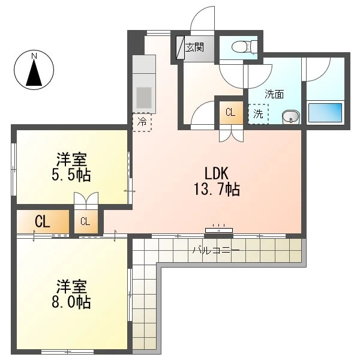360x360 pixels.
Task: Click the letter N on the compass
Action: click(x=34, y=56)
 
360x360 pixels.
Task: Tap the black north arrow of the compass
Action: click(x=34, y=73)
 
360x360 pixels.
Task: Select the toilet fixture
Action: click(x=244, y=47)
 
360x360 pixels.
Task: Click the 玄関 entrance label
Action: click(x=194, y=47)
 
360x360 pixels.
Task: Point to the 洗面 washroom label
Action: click(x=274, y=94)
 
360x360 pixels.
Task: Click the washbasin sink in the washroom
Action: click(x=291, y=117)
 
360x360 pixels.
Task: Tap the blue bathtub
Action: click(x=325, y=113)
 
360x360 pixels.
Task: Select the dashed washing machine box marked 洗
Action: click(x=258, y=114)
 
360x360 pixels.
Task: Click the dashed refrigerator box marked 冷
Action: click(x=142, y=122)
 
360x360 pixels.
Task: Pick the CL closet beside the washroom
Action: click(x=231, y=113)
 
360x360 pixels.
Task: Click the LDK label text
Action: click(x=216, y=173)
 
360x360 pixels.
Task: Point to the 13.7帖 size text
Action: click(x=217, y=190)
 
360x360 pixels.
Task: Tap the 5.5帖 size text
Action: click(x=71, y=176)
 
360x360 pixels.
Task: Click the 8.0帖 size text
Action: click(x=71, y=302)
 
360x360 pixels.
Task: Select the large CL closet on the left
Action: click(x=43, y=222)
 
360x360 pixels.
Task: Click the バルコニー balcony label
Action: click(x=216, y=250)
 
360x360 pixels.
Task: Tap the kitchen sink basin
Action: click(x=144, y=97)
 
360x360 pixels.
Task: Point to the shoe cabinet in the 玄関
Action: click(x=181, y=47)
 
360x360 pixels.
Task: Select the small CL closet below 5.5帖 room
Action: click(x=86, y=221)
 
